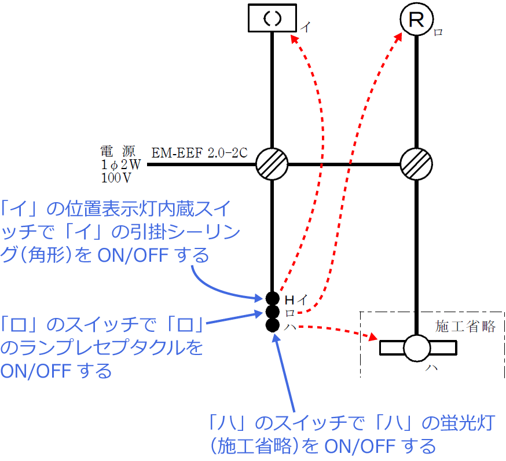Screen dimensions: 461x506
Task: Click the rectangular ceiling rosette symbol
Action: [272, 18]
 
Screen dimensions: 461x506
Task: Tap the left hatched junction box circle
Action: [272, 164]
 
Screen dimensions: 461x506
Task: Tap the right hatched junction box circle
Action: [416, 164]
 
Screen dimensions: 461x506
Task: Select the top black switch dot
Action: [272, 299]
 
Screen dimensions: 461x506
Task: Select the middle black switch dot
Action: [272, 312]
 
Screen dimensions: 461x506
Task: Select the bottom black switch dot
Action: [272, 325]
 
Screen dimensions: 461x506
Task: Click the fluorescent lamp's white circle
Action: [417, 348]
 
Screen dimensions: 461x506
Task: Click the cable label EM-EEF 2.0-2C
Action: [199, 153]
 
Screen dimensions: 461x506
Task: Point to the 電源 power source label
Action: [118, 152]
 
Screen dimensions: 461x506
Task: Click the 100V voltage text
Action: [117, 178]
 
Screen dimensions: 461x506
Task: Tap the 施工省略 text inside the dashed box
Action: [465, 327]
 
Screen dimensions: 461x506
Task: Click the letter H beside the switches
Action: [289, 299]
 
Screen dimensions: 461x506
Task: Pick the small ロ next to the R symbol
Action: [438, 32]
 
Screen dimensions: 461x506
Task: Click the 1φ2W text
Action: [120, 165]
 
